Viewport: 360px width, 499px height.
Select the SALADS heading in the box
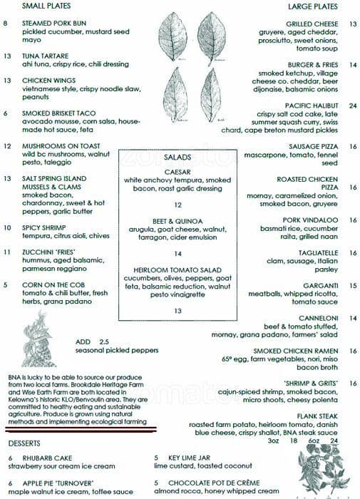click(x=178, y=157)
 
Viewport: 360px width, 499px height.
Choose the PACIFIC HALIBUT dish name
click(x=307, y=106)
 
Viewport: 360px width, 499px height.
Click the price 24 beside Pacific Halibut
click(x=352, y=106)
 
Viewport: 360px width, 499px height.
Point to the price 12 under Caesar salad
click(x=178, y=205)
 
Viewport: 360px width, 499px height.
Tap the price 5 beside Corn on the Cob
click(x=6, y=285)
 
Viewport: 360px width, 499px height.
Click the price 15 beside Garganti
click(x=352, y=285)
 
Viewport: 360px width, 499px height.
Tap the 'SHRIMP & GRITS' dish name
click(x=309, y=384)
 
